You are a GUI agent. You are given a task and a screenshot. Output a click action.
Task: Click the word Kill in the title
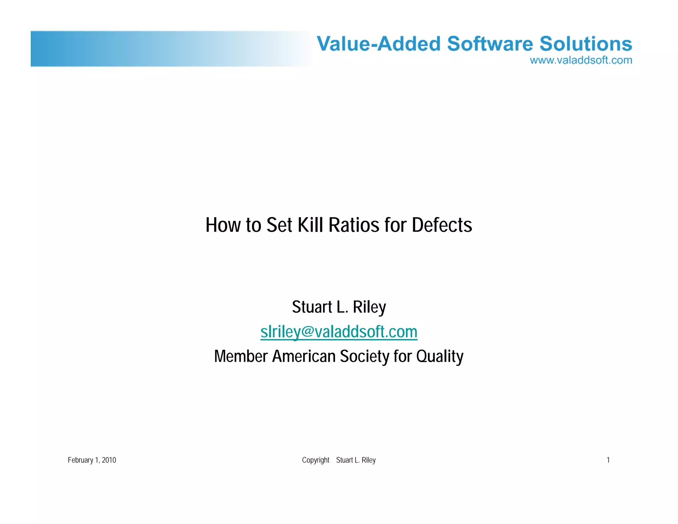point(310,225)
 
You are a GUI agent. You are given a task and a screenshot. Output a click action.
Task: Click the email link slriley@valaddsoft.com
point(339,332)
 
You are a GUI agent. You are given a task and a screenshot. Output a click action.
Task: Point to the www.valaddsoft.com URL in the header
point(581,60)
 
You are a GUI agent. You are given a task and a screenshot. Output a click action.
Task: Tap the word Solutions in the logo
point(586,44)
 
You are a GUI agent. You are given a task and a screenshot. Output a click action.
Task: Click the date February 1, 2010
point(92,460)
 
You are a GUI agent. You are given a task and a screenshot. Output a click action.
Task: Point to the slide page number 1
point(608,460)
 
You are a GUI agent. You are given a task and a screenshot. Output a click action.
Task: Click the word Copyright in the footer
point(315,460)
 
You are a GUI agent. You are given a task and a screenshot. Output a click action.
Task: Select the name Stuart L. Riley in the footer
point(356,460)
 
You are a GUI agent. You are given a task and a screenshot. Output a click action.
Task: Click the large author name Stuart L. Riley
point(339,307)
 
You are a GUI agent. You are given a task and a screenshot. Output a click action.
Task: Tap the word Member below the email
point(241,357)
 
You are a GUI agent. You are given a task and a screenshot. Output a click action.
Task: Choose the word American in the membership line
point(304,357)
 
